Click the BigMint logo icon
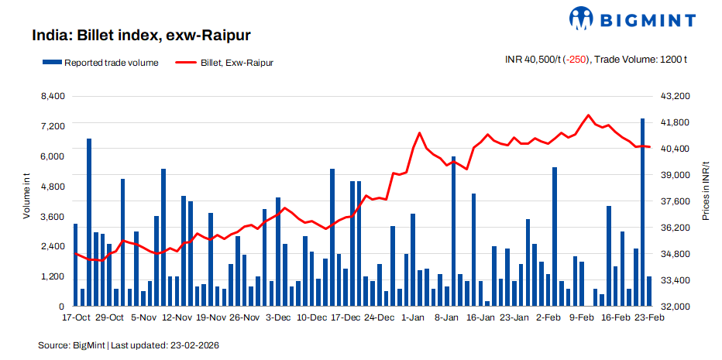click(583, 19)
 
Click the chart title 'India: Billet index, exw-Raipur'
click(141, 36)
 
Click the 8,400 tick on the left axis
click(53, 96)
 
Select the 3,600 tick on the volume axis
click(53, 217)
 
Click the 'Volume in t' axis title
click(26, 198)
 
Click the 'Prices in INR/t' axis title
click(706, 198)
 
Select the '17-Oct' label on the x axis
click(76, 317)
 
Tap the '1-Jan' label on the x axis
click(412, 317)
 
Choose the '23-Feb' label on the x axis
click(648, 317)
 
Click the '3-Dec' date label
click(278, 317)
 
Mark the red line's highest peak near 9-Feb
click(589, 115)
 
